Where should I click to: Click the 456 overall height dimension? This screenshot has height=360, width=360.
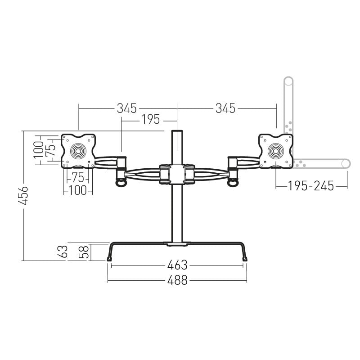(23, 195)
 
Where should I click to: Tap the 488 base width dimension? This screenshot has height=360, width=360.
(177, 280)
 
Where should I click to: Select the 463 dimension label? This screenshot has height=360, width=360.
(177, 265)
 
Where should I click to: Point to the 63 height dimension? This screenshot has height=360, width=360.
(63, 252)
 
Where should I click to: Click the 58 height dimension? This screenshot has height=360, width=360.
(84, 252)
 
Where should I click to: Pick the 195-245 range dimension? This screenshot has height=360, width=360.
(311, 186)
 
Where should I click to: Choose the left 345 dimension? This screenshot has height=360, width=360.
(126, 108)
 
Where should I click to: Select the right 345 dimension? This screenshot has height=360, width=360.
(225, 108)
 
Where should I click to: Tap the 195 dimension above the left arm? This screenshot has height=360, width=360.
(150, 119)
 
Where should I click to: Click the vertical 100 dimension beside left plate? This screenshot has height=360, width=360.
(38, 150)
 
